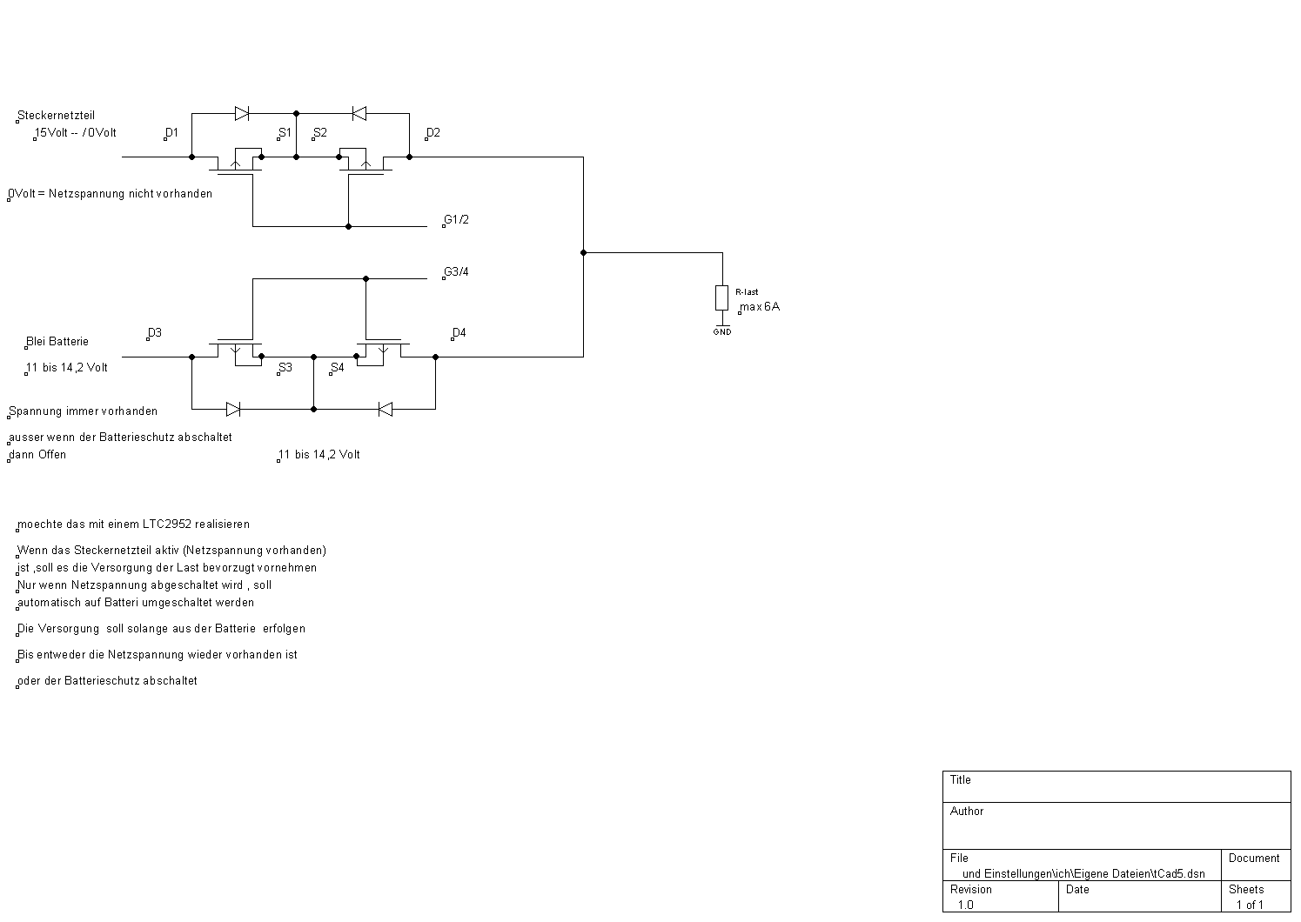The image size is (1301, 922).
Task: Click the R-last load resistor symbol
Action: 721,297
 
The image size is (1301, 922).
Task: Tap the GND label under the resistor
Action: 722,331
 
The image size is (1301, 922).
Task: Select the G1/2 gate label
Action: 456,219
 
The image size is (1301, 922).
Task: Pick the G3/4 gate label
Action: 456,271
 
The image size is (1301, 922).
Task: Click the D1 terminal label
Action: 171,133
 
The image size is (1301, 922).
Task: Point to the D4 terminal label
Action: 459,333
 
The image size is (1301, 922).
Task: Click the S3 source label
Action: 285,368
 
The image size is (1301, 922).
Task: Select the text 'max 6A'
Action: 760,307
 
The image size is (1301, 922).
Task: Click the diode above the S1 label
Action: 242,113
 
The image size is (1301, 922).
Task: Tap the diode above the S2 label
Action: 359,113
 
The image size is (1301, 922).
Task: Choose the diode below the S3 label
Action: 233,409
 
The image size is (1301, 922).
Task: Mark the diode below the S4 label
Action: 385,409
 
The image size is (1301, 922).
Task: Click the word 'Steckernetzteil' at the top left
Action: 56,115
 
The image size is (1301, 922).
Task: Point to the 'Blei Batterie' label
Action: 57,342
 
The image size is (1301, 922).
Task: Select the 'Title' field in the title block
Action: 961,780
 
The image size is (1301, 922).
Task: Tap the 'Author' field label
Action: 967,812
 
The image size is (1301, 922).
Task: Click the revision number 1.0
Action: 966,905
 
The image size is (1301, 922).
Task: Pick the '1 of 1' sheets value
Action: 1250,905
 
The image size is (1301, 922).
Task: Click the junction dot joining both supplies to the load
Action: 583,252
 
